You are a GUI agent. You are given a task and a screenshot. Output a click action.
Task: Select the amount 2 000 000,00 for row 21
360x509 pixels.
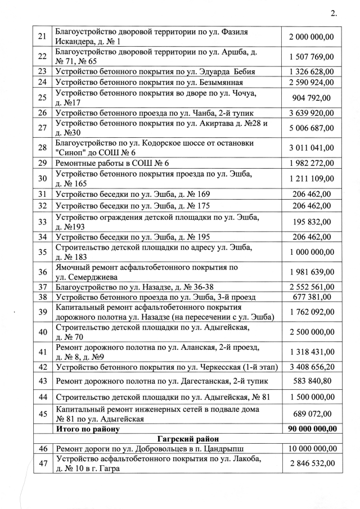(311, 37)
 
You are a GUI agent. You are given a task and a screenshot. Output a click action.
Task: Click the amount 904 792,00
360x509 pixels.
(311, 97)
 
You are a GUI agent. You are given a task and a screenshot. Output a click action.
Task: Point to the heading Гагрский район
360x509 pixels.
(187, 438)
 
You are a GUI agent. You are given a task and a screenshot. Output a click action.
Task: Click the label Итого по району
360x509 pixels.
(88, 429)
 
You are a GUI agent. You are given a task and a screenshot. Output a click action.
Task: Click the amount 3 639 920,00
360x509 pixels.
(311, 112)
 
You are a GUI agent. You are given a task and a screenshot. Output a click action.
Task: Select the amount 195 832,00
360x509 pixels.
(311, 222)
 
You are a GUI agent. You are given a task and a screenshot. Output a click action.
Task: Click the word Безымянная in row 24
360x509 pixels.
(226, 82)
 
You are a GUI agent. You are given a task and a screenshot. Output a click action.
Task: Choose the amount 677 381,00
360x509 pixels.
(311, 297)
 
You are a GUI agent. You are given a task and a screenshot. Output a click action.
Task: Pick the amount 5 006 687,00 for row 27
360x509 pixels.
(311, 128)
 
